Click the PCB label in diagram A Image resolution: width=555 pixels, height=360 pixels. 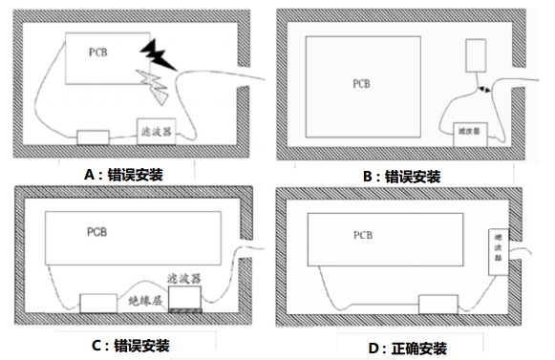(x=98, y=53)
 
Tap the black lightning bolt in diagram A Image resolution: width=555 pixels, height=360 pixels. (x=158, y=55)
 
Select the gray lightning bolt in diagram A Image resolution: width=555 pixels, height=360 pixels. (x=154, y=87)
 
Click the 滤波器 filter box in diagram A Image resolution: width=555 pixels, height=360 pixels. (x=157, y=132)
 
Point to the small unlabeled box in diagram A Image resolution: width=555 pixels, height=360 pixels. (x=93, y=138)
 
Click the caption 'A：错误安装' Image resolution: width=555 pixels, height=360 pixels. (x=123, y=175)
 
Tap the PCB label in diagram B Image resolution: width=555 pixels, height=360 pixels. (x=361, y=84)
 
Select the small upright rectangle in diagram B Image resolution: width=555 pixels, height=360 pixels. (x=476, y=55)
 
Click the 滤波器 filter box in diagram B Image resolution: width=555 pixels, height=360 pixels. (x=470, y=135)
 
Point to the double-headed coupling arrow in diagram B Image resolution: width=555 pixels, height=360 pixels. (x=484, y=89)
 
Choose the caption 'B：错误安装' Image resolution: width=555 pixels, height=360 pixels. (x=402, y=177)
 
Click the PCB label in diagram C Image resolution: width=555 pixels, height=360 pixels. (x=97, y=232)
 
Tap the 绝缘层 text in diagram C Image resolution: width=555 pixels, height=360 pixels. (x=145, y=301)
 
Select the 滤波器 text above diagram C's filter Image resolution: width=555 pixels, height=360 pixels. (x=184, y=279)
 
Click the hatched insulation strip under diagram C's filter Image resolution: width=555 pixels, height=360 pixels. (x=185, y=310)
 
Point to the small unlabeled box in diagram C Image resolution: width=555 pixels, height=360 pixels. (x=98, y=304)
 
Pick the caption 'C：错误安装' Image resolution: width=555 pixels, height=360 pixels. (x=131, y=346)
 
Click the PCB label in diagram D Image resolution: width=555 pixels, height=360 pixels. (x=363, y=236)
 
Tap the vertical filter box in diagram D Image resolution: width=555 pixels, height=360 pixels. (x=499, y=252)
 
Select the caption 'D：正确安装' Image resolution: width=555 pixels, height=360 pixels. (x=407, y=349)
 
